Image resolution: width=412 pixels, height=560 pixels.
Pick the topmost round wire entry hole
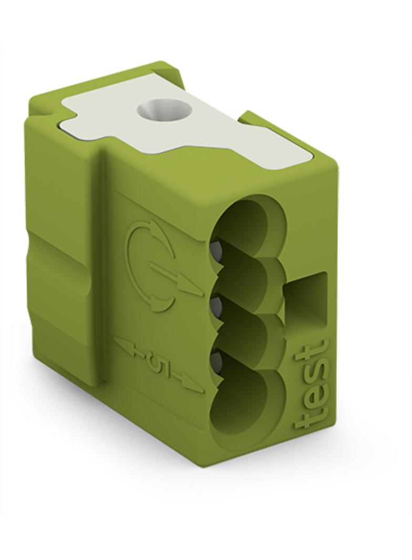[250, 229]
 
